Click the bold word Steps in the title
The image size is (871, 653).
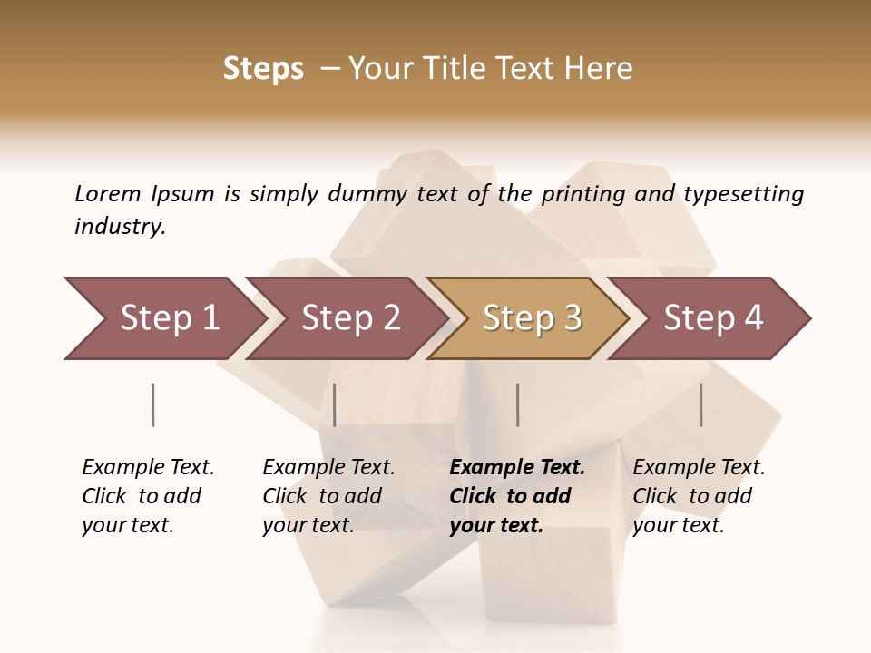click(263, 69)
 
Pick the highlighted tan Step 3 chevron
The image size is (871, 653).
click(530, 318)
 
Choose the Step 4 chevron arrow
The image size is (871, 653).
click(711, 318)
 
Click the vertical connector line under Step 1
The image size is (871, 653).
click(152, 404)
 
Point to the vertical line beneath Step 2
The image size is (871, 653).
click(335, 404)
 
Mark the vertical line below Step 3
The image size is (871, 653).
click(517, 404)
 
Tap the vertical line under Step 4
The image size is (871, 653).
click(700, 404)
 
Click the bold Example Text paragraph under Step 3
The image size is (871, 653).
click(516, 496)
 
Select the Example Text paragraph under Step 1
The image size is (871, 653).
click(148, 496)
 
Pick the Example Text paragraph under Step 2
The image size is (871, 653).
click(328, 496)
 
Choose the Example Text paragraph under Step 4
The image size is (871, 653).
click(699, 496)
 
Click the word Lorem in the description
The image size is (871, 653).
click(108, 193)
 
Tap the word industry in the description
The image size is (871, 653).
click(119, 227)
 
